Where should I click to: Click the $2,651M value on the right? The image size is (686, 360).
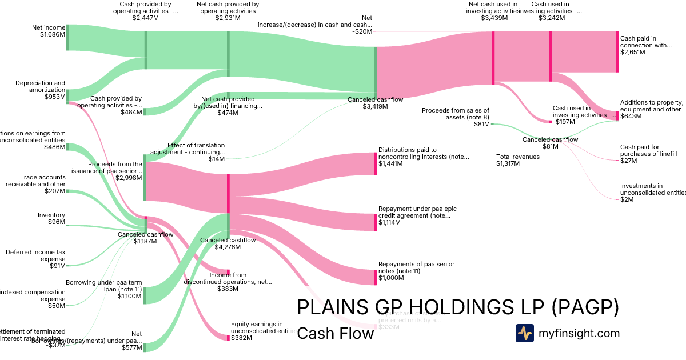(632, 52)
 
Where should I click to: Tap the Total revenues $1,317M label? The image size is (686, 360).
(518, 160)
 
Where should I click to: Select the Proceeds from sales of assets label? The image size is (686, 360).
(456, 114)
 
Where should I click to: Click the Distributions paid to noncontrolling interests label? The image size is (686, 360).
(424, 153)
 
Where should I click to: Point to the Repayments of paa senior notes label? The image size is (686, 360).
(416, 267)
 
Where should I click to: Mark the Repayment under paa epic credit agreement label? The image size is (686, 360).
(417, 213)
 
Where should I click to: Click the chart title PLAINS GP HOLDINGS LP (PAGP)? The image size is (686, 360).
(458, 307)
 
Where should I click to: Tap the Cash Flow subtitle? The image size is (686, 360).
(336, 333)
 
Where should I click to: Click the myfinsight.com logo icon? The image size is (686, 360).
(524, 333)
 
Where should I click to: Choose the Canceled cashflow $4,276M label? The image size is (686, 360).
(228, 243)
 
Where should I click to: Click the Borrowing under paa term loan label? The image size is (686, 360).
(103, 286)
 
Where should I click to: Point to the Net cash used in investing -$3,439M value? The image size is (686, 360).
(493, 18)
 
